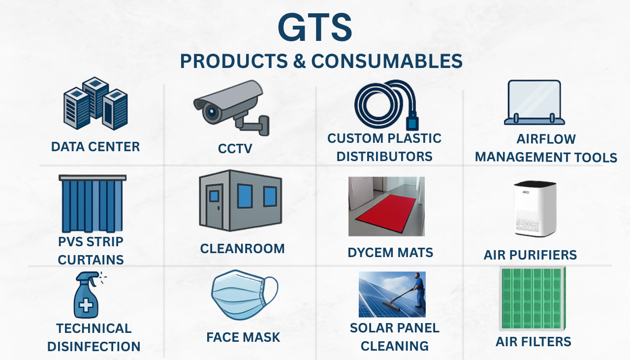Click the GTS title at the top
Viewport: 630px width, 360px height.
point(315,28)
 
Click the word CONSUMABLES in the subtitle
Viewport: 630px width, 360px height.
point(387,61)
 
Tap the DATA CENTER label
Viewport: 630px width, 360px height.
point(95,147)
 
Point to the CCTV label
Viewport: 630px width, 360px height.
point(235,148)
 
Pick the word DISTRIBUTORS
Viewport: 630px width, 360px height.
point(384,157)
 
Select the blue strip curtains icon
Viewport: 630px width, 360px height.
point(92,203)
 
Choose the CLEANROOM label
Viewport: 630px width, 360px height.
point(242,249)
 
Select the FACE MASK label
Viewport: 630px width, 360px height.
point(243,337)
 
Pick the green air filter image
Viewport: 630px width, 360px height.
point(532,299)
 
